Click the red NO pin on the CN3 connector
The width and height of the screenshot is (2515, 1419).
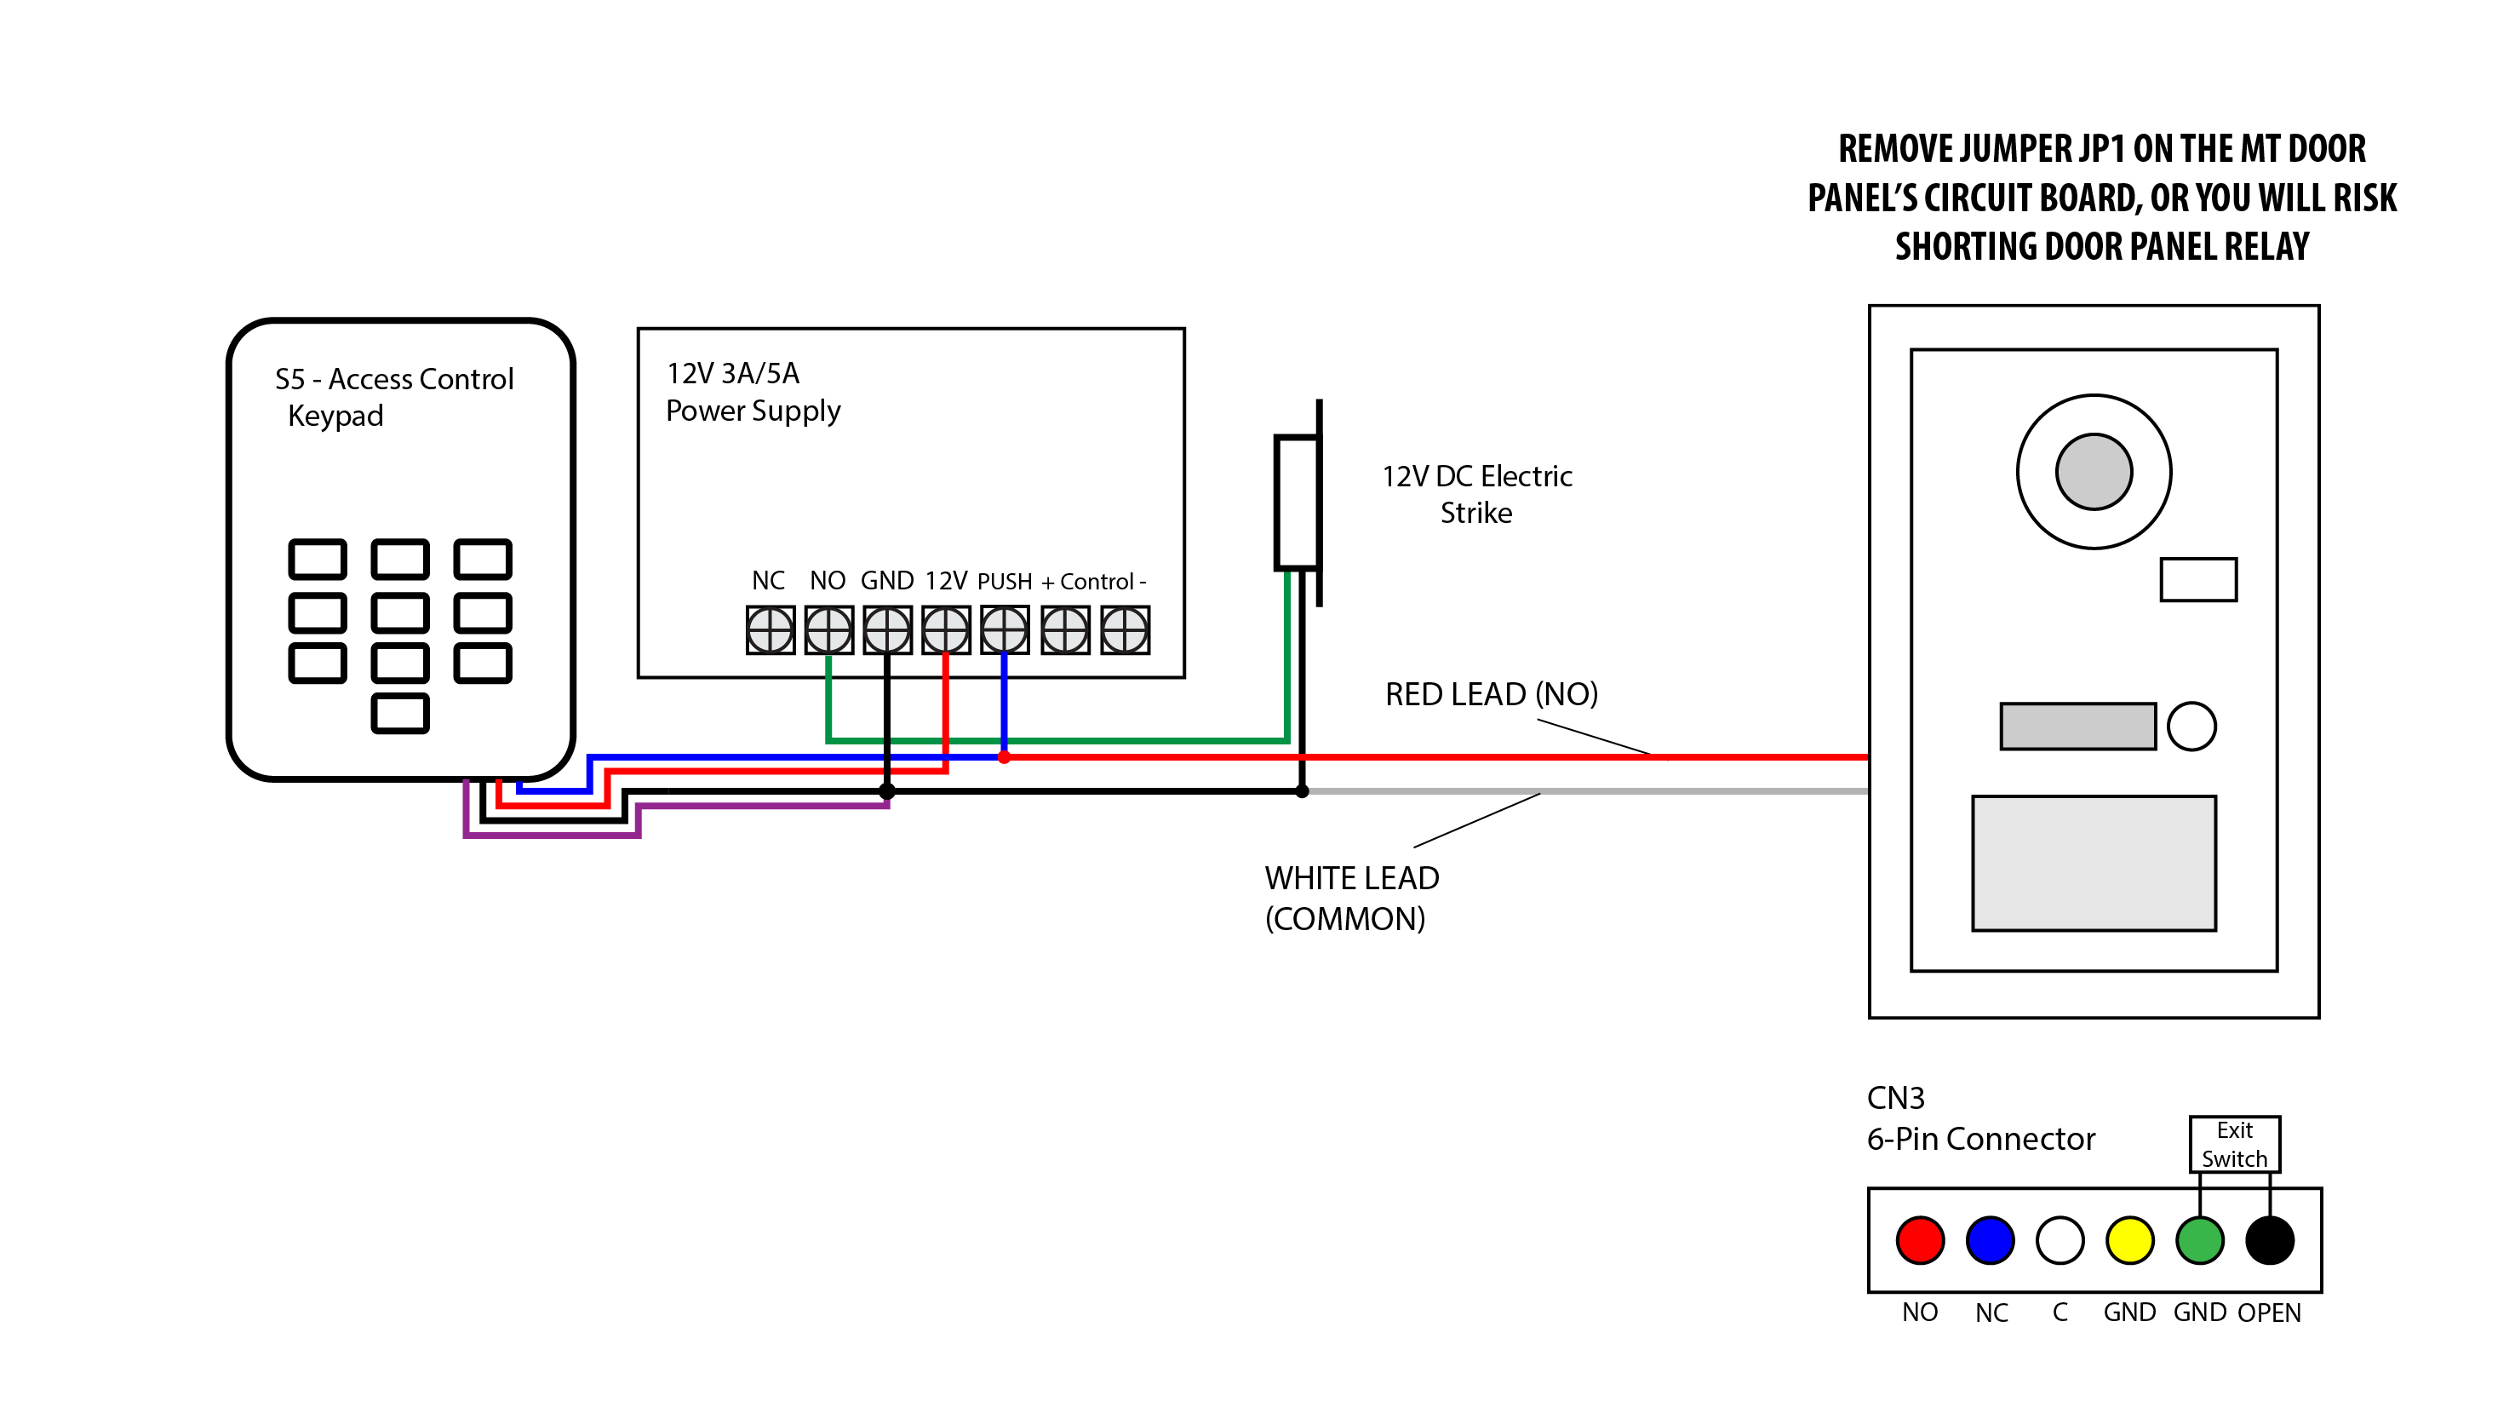pos(1919,1240)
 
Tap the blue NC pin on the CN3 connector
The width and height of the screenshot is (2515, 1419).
pos(1990,1240)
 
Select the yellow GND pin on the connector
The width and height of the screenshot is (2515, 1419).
pos(2129,1240)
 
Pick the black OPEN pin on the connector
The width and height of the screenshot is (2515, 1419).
pos(2269,1240)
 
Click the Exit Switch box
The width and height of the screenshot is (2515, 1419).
pos(2234,1145)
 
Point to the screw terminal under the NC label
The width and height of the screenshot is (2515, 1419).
pos(770,630)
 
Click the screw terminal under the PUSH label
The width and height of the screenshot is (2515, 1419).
pos(1004,630)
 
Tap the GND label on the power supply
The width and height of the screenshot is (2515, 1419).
pos(886,581)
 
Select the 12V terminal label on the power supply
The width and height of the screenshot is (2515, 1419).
pos(946,581)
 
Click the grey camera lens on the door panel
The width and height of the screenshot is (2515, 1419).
pos(2094,472)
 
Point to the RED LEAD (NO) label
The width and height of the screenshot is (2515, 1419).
pos(1491,694)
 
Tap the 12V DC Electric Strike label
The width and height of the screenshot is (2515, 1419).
pos(1476,494)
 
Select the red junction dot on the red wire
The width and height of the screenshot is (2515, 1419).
pos(1004,757)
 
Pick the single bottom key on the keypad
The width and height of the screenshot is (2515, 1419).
pos(400,713)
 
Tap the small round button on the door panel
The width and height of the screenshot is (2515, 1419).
pos(2191,727)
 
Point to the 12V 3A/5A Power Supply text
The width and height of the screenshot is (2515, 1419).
pos(752,392)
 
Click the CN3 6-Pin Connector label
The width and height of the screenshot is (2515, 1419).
pos(1980,1118)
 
